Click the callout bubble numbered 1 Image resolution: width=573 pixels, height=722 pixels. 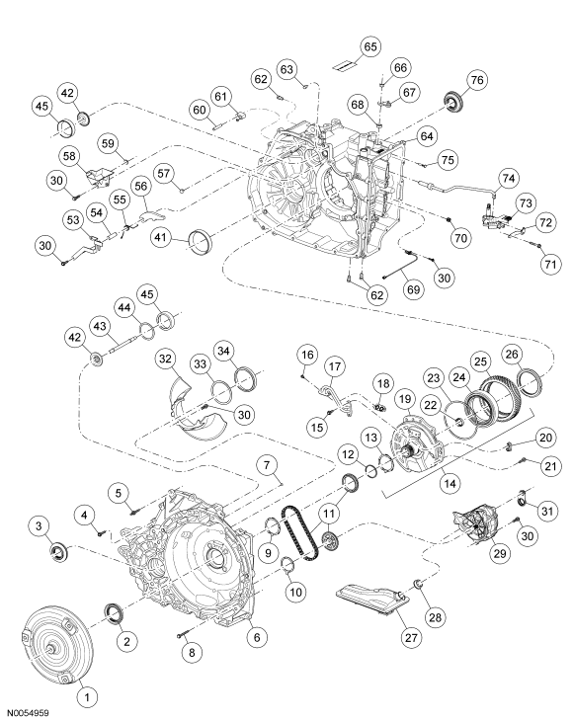86,696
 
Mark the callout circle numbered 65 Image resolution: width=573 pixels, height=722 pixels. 343,46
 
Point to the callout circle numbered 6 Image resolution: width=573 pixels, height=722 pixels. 257,638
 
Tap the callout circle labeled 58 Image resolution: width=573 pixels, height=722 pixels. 70,157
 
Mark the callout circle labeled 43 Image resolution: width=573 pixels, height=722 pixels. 100,324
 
